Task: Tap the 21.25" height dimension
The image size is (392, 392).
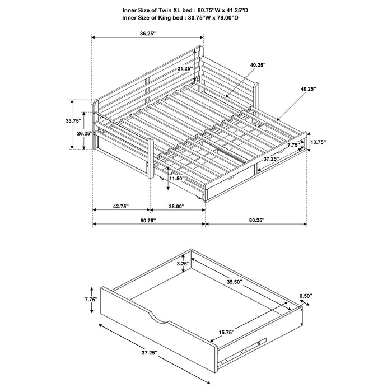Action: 184,68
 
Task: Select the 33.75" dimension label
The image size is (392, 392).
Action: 73,120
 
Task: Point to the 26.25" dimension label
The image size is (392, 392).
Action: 84,133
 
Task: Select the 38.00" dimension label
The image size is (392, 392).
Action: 176,207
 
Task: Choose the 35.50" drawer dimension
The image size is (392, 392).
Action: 234,282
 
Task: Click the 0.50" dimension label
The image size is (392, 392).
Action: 306,295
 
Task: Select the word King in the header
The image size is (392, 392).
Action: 161,17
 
